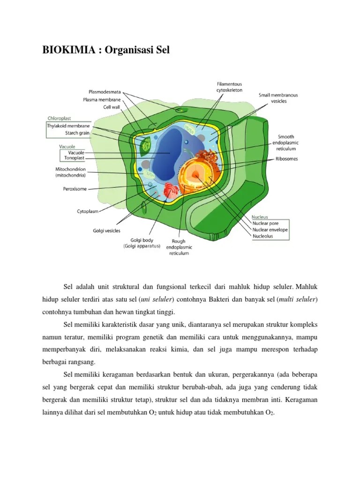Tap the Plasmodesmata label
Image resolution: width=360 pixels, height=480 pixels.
coord(105,92)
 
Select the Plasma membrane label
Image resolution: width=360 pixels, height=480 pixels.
coord(102,99)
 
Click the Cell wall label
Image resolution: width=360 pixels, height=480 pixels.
coord(112,107)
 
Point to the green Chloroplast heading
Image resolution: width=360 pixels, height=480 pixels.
coord(62,119)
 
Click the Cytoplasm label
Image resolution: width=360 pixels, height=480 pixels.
coord(88,211)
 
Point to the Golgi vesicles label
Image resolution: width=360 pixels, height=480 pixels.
coord(106,231)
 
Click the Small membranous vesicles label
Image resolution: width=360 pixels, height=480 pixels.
coord(278,98)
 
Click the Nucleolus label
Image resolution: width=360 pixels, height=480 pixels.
coord(262,236)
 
